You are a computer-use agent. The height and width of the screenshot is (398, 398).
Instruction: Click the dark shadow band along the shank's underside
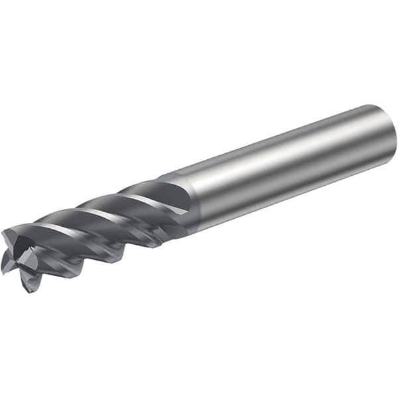pos(292,192)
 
